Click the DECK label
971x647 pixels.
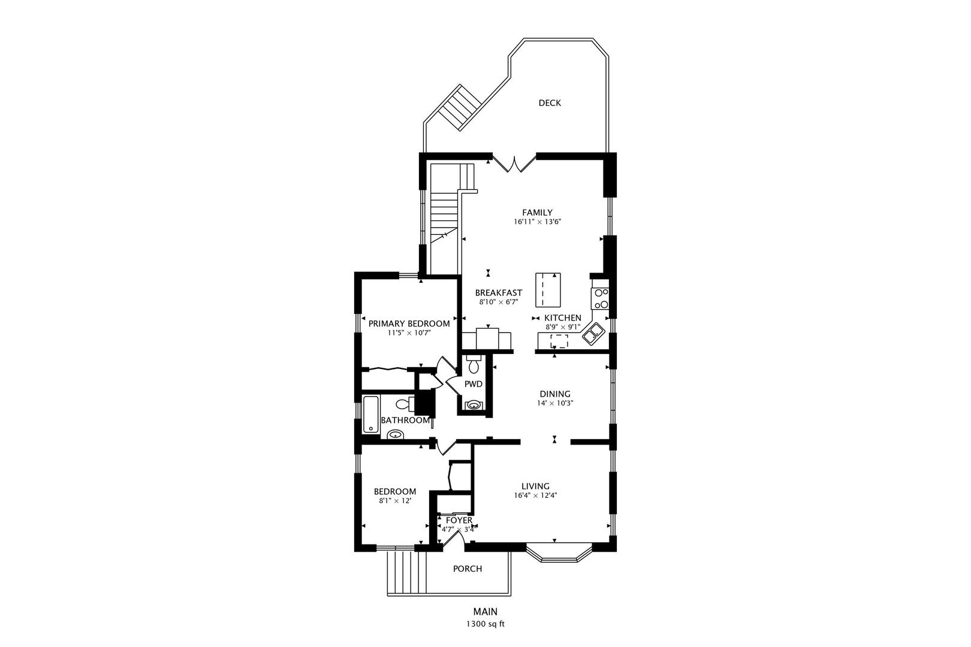click(x=549, y=103)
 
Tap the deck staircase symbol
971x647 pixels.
click(x=459, y=108)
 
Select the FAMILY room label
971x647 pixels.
click(x=537, y=212)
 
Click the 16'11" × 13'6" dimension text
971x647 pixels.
click(x=537, y=222)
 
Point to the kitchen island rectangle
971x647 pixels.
click(x=548, y=289)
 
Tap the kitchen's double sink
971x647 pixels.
click(x=594, y=334)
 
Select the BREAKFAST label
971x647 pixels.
click(x=498, y=293)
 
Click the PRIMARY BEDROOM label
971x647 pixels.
click(x=409, y=323)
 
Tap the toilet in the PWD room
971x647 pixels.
click(x=474, y=364)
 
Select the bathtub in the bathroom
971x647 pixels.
click(x=370, y=413)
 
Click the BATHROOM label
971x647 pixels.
click(x=406, y=421)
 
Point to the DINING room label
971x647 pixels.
click(x=554, y=394)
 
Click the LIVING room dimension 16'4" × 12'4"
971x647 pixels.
click(x=536, y=495)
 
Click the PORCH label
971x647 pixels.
click(x=467, y=569)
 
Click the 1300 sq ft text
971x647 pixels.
click(x=486, y=624)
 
